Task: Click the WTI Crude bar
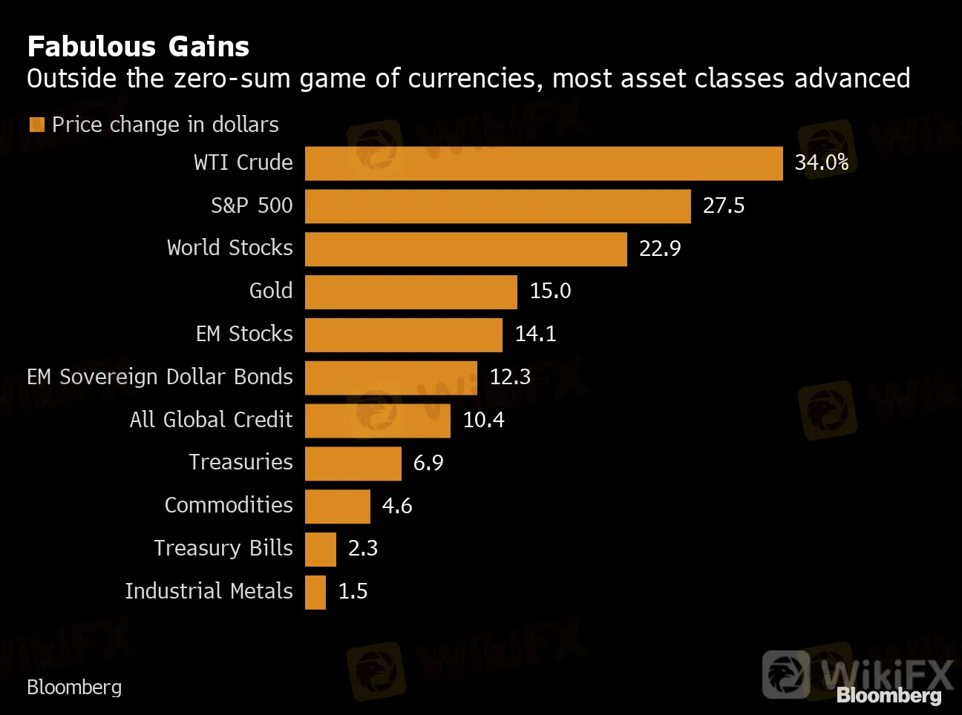coord(543,163)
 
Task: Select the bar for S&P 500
coord(497,206)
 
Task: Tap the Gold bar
coord(410,291)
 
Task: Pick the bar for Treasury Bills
coord(320,549)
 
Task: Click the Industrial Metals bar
coord(315,592)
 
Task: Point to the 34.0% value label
coord(821,162)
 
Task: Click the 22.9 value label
coord(659,248)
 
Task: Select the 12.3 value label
coord(509,377)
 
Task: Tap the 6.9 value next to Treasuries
coord(428,463)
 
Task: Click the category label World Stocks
coord(229,248)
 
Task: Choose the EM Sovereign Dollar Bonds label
coord(160,377)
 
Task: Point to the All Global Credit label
coord(211,420)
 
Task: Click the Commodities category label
coord(229,505)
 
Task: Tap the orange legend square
coord(37,125)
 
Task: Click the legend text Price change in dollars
coord(165,125)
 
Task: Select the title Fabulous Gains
coord(138,47)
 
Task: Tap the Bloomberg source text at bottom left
coord(74,688)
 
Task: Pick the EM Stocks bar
coord(403,335)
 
